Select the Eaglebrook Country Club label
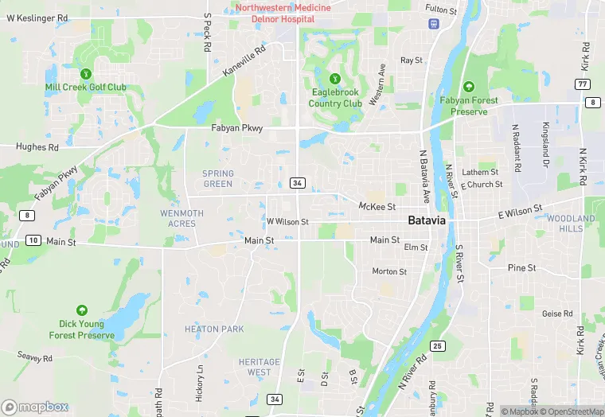[x=335, y=98]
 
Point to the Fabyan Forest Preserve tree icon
[x=469, y=86]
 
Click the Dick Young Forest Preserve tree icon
[x=81, y=310]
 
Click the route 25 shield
[x=437, y=345]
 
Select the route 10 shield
[x=33, y=240]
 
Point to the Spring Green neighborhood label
[x=217, y=178]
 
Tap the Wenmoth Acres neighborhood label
[x=181, y=218]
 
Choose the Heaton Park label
[x=214, y=329]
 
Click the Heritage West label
[x=260, y=367]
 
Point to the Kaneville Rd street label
[x=245, y=60]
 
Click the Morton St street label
[x=389, y=271]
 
